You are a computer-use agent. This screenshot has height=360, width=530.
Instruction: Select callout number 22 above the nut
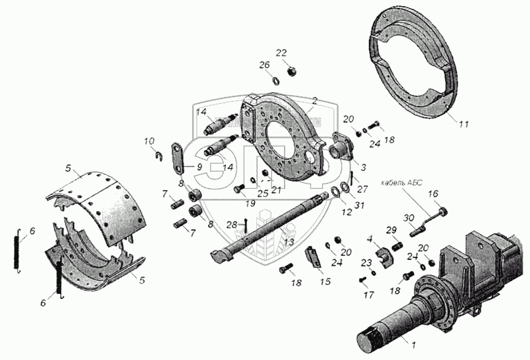click(x=281, y=52)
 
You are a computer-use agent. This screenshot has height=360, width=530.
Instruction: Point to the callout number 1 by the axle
click(x=414, y=345)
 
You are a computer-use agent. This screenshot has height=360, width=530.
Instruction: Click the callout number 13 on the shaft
click(x=289, y=243)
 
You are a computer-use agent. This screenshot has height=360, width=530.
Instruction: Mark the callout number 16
click(x=433, y=194)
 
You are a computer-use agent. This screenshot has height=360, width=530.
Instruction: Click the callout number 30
click(x=408, y=217)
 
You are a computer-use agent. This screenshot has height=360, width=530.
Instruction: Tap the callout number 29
click(x=392, y=229)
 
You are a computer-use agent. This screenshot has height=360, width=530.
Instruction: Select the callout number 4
click(x=370, y=238)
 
